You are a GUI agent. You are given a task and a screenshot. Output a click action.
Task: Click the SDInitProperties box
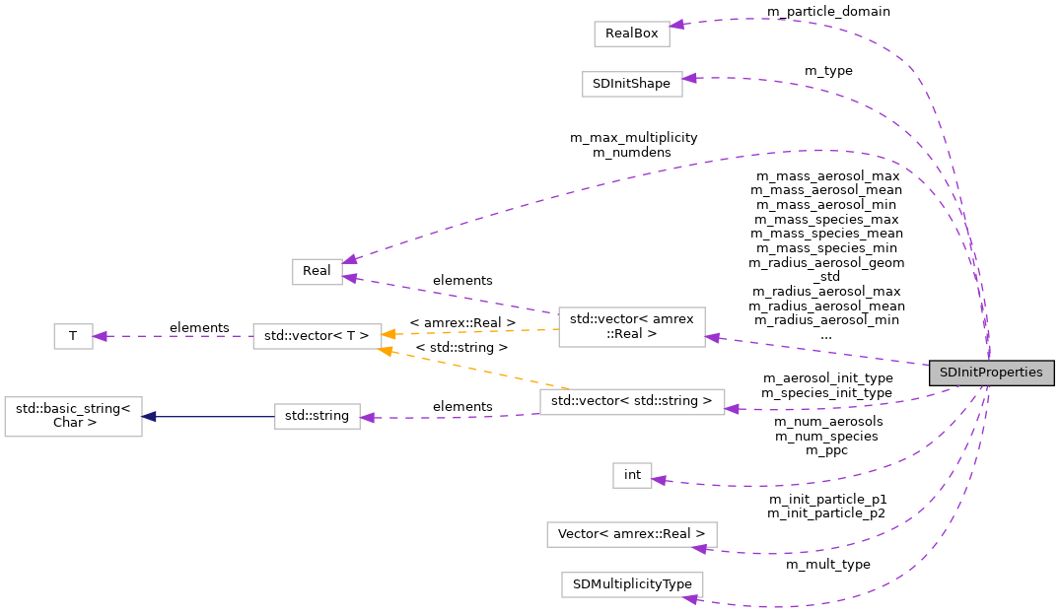[992, 374]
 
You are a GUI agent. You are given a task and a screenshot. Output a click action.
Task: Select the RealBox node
[632, 33]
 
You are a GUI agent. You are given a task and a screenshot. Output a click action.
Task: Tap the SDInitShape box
[632, 84]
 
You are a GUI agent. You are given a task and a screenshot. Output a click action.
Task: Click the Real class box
[317, 272]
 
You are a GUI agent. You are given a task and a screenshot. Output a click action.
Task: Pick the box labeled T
[72, 336]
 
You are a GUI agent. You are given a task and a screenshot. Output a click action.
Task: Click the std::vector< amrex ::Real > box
[632, 326]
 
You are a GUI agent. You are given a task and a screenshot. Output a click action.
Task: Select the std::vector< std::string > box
[632, 401]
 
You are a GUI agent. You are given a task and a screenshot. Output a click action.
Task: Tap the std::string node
[317, 416]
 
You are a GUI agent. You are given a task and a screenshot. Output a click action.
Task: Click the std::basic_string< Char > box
[73, 416]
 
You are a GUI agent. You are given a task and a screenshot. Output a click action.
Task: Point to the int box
[632, 475]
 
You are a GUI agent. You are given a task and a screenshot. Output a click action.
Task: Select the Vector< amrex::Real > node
[632, 534]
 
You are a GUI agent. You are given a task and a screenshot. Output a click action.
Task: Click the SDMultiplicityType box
[632, 583]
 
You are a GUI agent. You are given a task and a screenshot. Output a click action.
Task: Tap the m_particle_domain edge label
[827, 12]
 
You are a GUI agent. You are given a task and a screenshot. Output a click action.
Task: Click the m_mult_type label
[827, 565]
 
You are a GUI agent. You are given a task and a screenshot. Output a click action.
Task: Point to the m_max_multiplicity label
[633, 138]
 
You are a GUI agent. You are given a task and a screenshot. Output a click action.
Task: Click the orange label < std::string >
[461, 348]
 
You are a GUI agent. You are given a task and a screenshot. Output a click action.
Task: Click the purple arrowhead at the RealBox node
[677, 25]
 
